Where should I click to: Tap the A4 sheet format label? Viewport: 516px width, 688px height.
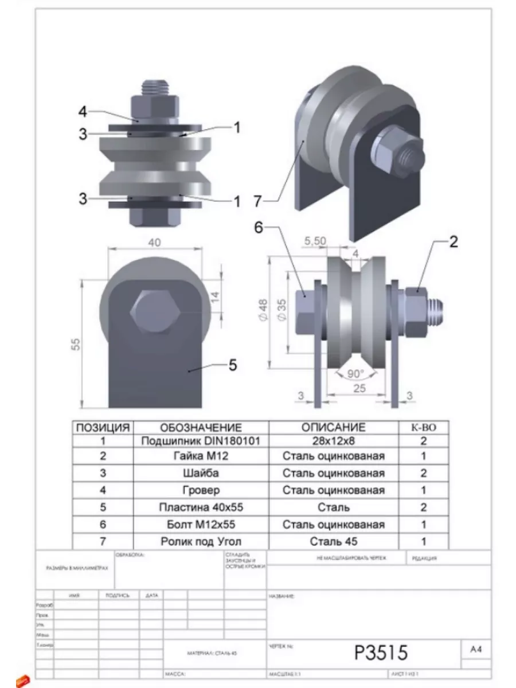476,650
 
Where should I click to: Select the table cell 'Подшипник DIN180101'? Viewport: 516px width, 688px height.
200,441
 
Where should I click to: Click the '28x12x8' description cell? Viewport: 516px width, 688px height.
333,441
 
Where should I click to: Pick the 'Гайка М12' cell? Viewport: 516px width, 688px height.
200,457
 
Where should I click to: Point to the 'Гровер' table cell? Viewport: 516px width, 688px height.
200,490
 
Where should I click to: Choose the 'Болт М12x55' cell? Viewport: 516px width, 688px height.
200,524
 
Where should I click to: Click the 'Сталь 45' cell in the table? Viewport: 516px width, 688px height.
333,541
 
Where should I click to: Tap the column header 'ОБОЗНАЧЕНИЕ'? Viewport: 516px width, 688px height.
200,428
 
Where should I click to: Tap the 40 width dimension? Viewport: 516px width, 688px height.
154,243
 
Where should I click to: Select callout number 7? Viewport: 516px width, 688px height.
258,201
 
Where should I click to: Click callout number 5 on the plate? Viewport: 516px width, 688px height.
233,365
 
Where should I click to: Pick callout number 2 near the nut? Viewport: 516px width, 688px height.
453,242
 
